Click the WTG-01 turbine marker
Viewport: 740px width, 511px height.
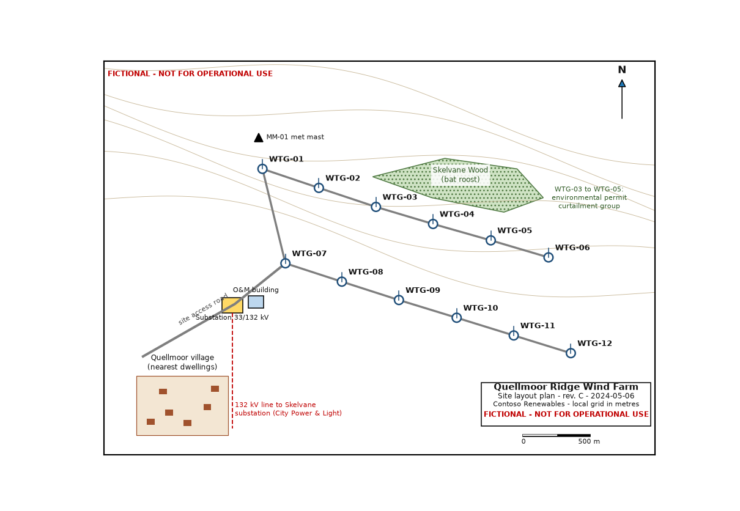click(262, 169)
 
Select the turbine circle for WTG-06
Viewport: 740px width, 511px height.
click(549, 257)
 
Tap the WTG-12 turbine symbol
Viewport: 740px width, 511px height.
click(571, 353)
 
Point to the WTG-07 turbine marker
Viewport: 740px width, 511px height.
click(286, 263)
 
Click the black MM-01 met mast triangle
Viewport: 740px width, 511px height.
click(259, 138)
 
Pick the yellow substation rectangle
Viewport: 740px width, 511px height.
click(232, 306)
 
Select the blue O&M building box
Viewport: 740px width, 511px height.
click(256, 302)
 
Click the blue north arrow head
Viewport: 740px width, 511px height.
click(622, 84)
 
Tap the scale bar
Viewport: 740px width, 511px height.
click(557, 435)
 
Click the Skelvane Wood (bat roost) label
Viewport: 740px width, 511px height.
click(461, 175)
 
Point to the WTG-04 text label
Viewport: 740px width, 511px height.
click(457, 214)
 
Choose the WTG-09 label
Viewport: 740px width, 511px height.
click(423, 290)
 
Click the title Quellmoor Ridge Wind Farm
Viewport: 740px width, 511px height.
click(566, 387)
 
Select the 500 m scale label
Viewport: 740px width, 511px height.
click(589, 441)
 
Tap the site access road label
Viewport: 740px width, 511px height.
click(203, 309)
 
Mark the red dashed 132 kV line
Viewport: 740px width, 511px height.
click(232, 370)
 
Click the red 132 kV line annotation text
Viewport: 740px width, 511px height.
click(289, 409)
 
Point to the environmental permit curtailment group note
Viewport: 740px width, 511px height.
click(589, 197)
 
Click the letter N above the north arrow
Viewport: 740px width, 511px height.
click(622, 70)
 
